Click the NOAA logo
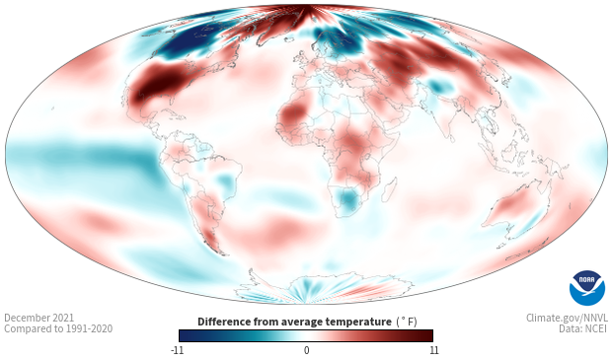[x=587, y=288]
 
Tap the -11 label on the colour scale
[x=177, y=350]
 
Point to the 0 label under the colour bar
[x=306, y=350]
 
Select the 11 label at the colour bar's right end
[x=433, y=350]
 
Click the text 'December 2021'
[x=39, y=318]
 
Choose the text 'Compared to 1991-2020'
[x=58, y=328]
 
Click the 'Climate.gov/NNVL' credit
[x=567, y=318]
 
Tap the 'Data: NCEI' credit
[x=583, y=328]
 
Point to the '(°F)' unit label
[x=407, y=322]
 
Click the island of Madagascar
[x=389, y=189]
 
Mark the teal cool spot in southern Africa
[x=348, y=199]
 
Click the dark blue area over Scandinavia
[x=335, y=39]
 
